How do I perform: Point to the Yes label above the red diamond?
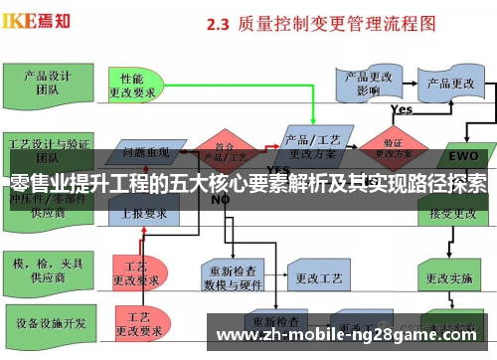(402, 109)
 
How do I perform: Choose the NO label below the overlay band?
(220, 199)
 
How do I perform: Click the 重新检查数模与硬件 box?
(235, 270)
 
